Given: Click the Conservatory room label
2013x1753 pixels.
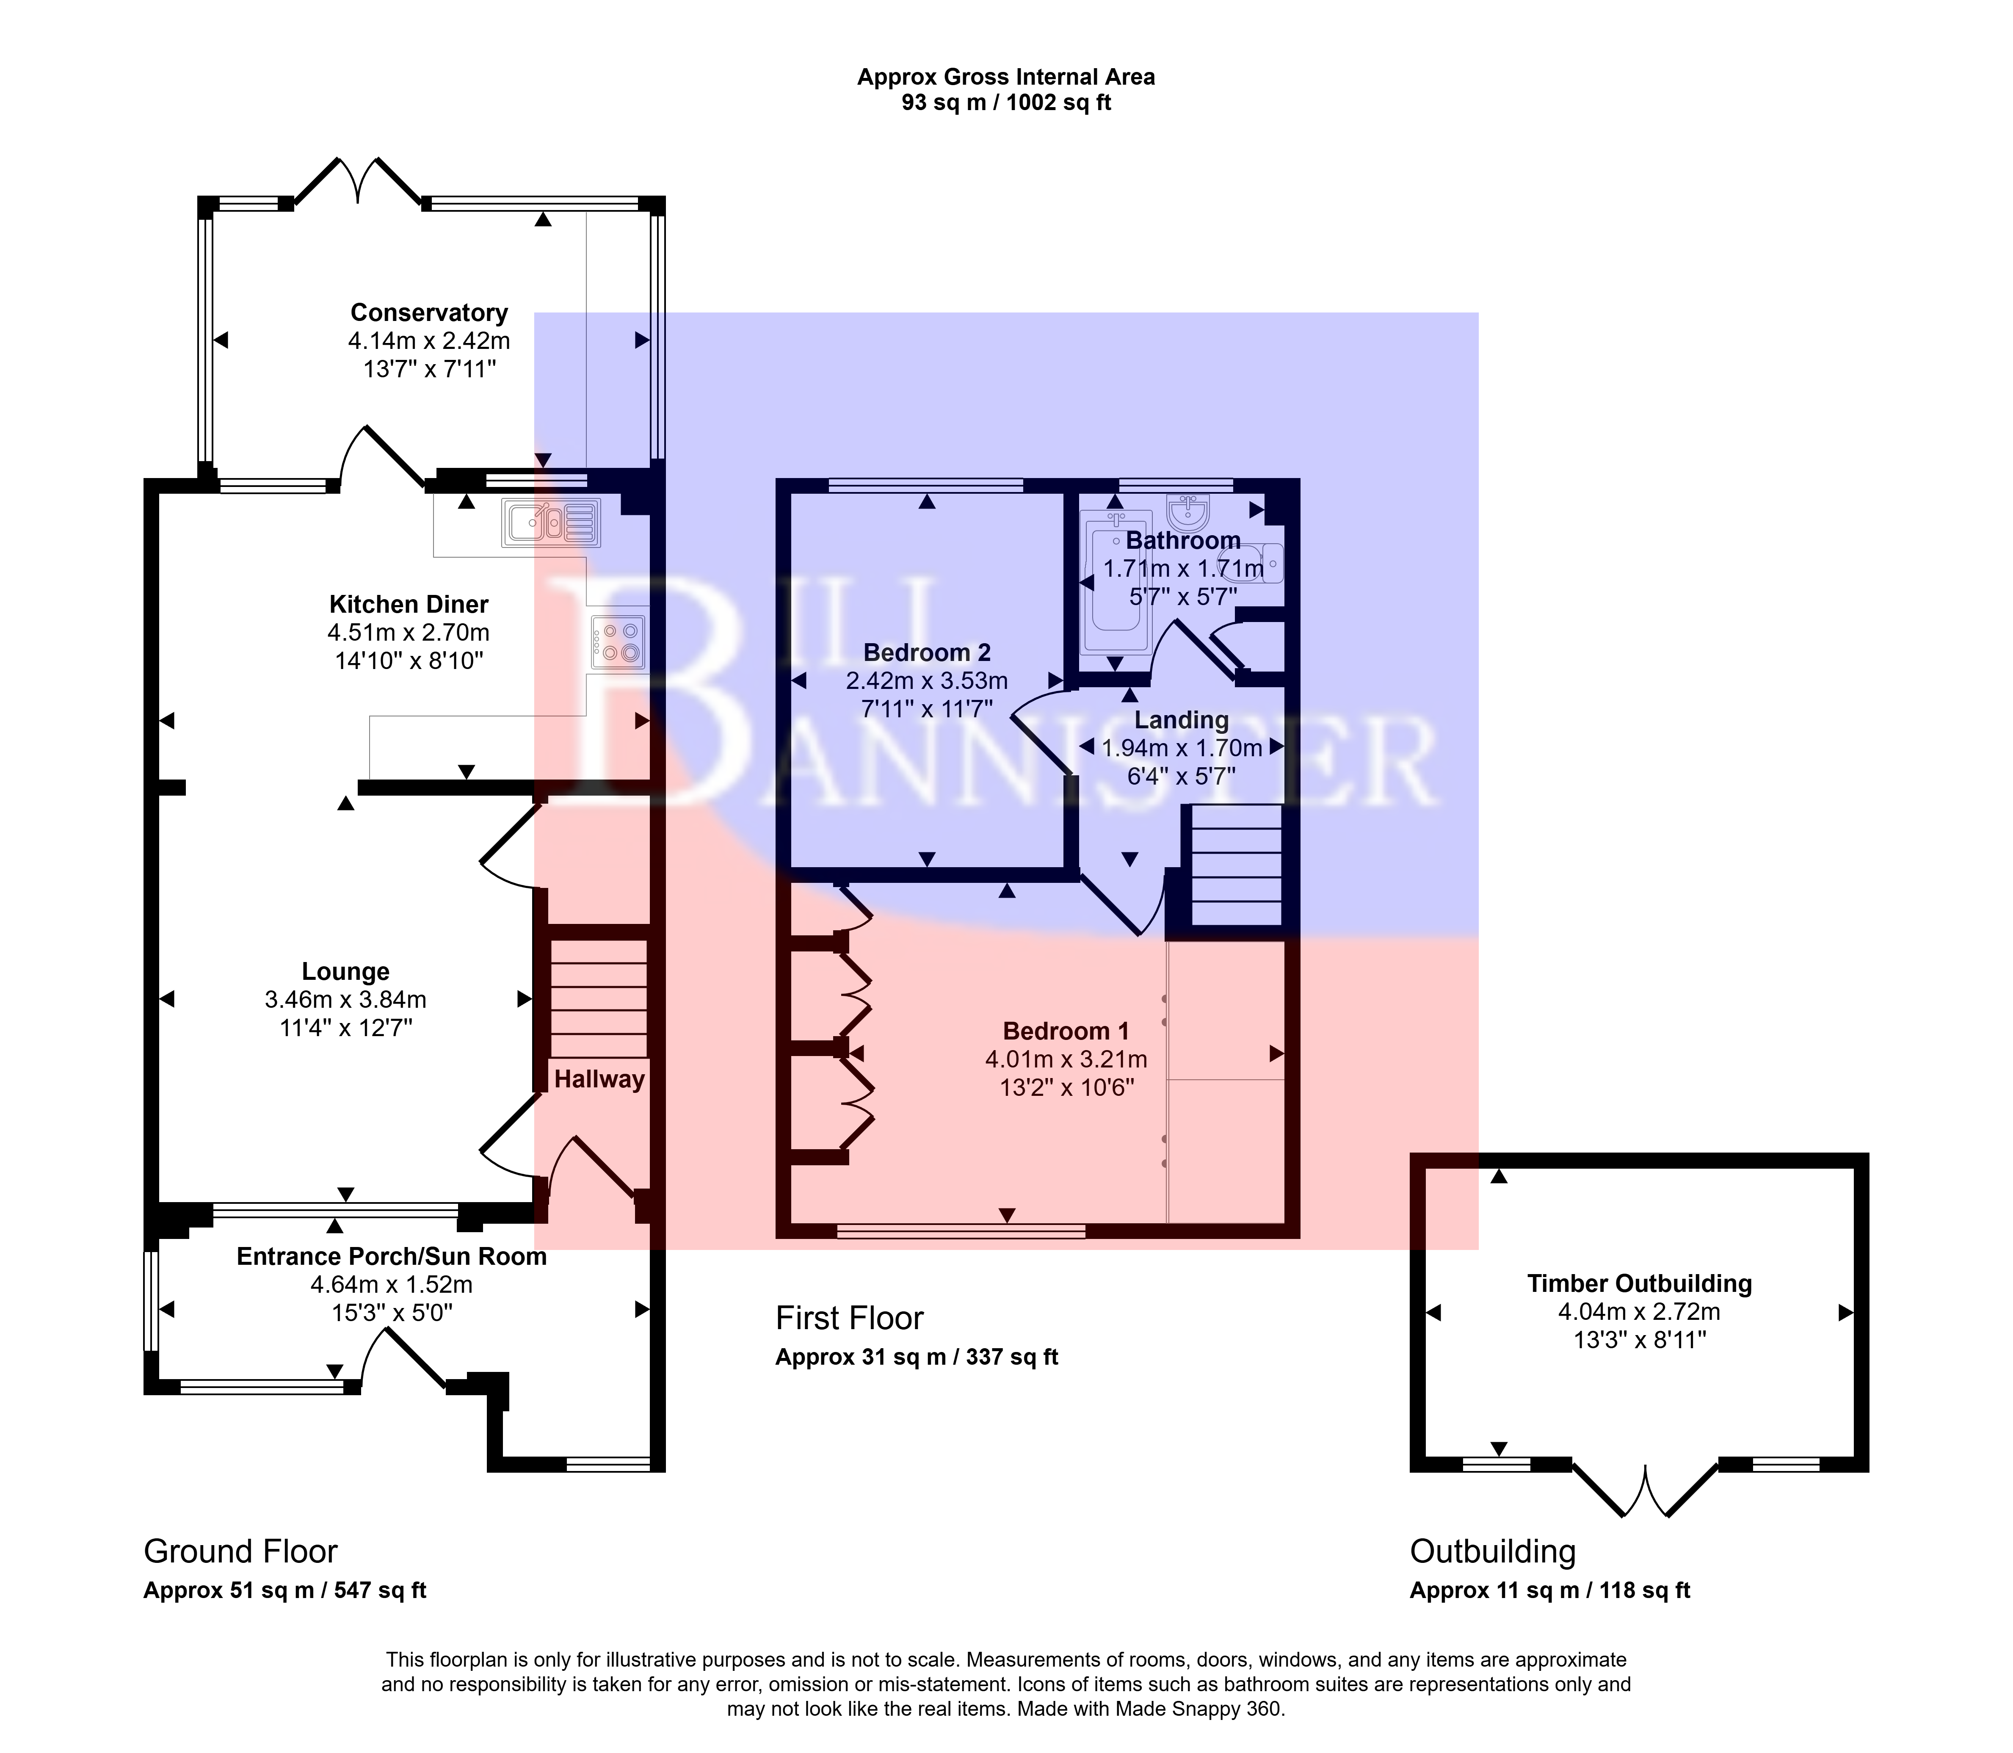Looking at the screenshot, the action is click(x=429, y=313).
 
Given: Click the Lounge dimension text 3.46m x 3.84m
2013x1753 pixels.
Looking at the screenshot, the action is click(x=345, y=1000).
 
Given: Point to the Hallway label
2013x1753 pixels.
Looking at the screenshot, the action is click(x=599, y=1079).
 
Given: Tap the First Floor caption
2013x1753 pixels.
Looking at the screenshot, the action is click(x=849, y=1319).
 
